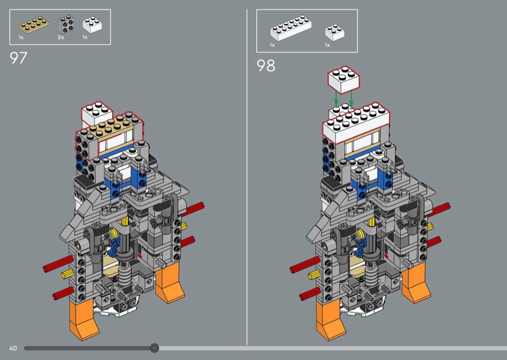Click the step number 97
point(18,58)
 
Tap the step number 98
point(266,66)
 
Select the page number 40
point(13,348)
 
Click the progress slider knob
point(155,348)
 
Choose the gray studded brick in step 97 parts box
point(66,24)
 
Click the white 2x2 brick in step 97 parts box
point(92,25)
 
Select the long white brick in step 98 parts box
point(291,28)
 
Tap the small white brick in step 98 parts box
point(335,32)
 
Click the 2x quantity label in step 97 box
point(61,38)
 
